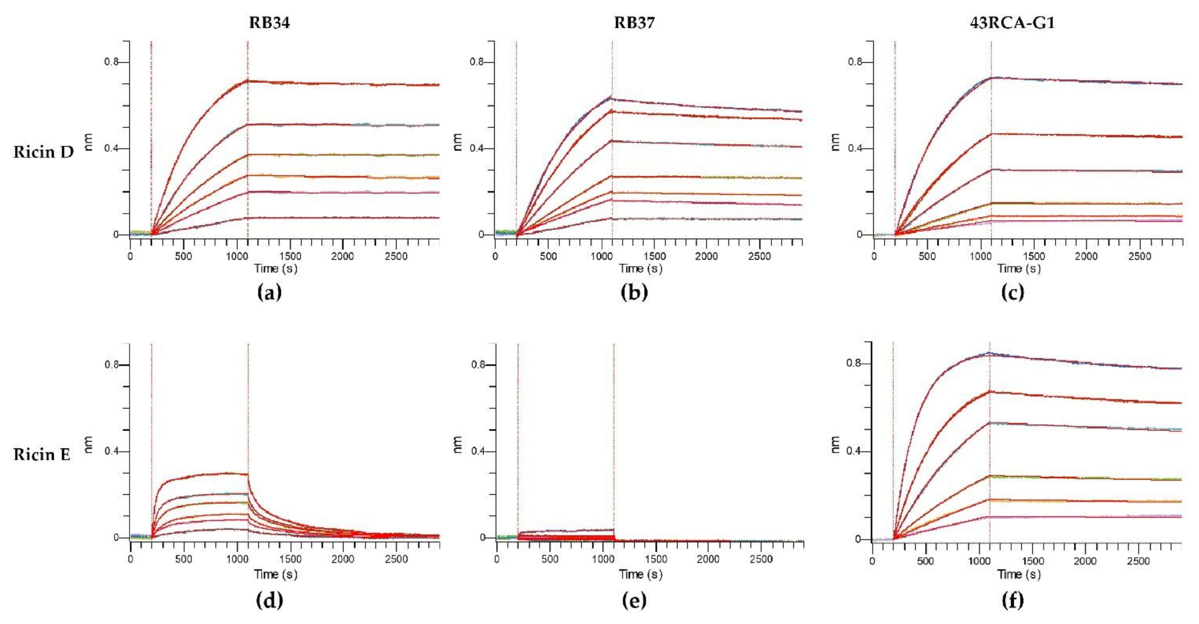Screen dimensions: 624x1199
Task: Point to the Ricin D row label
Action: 43,152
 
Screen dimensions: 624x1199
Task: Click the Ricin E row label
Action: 42,455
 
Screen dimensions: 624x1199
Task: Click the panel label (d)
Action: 270,600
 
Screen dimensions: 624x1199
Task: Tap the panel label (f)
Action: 1012,600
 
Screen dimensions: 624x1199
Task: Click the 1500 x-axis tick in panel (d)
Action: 290,559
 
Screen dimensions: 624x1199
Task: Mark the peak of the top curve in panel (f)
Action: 989,353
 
